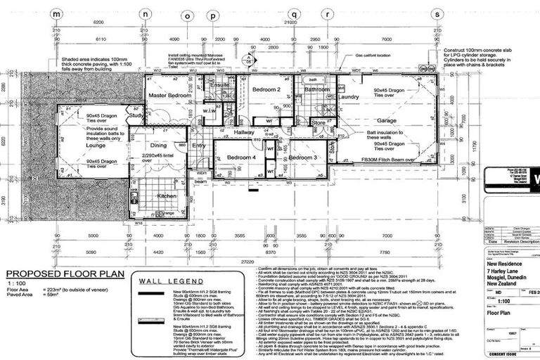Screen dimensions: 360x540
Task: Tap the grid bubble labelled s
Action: pyautogui.click(x=437, y=13)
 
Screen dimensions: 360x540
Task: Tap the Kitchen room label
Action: pyautogui.click(x=167, y=195)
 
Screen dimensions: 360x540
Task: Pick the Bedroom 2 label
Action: pyautogui.click(x=266, y=90)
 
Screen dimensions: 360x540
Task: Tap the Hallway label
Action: pyautogui.click(x=245, y=131)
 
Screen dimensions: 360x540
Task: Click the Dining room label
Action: pyautogui.click(x=158, y=145)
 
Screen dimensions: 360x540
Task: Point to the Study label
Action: pyautogui.click(x=136, y=115)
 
